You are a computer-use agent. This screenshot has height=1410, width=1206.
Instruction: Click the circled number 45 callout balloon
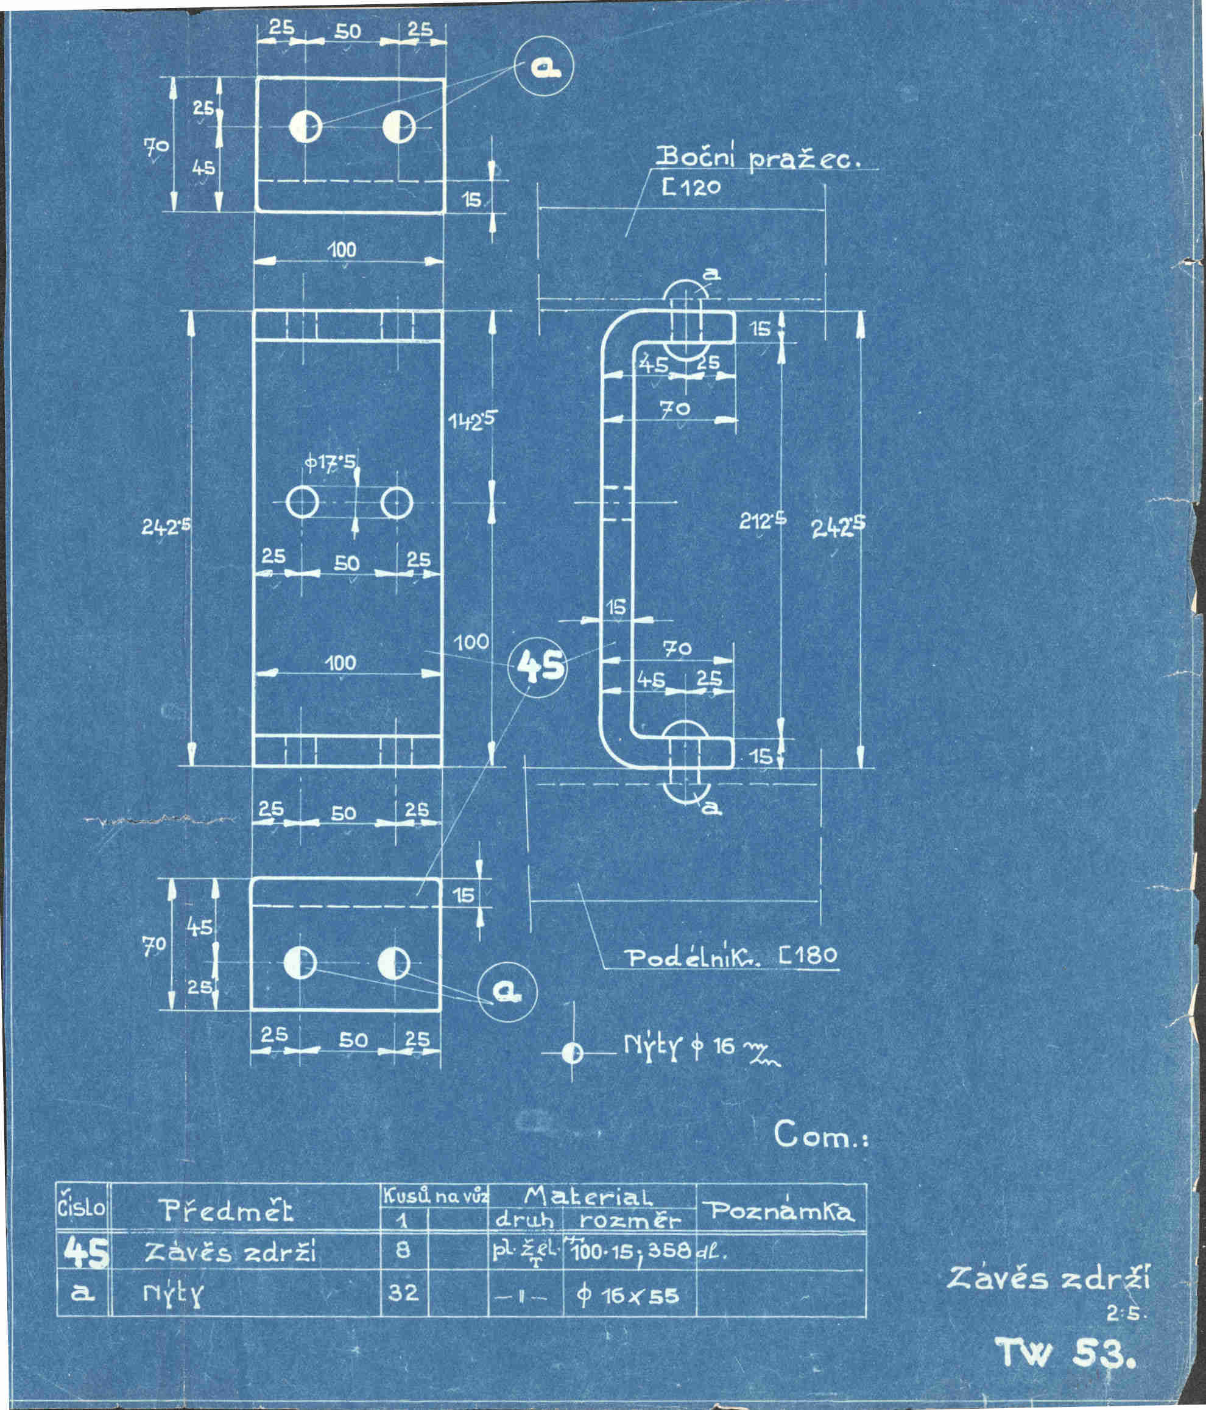(538, 666)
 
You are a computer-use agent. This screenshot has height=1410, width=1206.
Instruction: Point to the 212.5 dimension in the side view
(762, 521)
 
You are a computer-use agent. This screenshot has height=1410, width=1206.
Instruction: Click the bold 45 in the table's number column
(85, 1253)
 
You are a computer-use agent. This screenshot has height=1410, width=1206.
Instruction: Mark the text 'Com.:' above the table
(820, 1135)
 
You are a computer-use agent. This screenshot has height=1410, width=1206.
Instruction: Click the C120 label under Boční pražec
(691, 186)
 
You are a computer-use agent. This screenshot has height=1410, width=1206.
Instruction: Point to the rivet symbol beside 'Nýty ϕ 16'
(573, 1054)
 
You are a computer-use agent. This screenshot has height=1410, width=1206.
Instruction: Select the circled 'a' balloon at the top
(544, 66)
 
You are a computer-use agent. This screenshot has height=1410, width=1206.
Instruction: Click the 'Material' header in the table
(589, 1194)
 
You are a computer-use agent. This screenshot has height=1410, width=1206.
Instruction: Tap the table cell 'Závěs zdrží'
(231, 1253)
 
